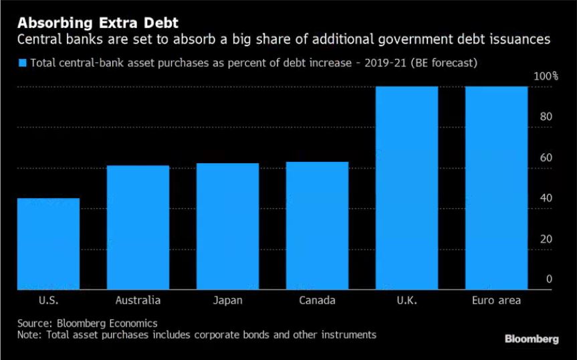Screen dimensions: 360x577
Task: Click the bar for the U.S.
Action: tap(48, 244)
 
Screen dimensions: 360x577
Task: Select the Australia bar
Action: tap(138, 228)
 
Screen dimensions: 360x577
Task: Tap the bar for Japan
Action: tap(227, 226)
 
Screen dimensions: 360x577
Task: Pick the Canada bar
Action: tap(317, 226)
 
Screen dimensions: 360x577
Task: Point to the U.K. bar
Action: tap(407, 188)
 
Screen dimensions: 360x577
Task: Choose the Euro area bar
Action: tap(496, 188)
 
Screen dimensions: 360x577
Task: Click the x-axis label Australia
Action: tap(138, 300)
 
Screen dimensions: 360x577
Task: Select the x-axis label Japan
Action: tap(227, 300)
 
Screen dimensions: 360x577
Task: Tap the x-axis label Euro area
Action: tap(496, 300)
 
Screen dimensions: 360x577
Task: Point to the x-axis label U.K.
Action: tap(407, 300)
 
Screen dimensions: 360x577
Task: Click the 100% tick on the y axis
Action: tap(546, 76)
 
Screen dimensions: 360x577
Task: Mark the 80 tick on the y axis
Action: tap(546, 117)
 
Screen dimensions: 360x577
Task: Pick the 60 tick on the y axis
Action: tap(546, 158)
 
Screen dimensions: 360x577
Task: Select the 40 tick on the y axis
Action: tap(546, 199)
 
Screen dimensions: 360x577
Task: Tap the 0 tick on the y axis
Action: tap(549, 280)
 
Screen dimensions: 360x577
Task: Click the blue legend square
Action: tap(21, 64)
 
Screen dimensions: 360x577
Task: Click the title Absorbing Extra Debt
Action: tap(84, 21)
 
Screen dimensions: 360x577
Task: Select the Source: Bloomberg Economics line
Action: tap(88, 323)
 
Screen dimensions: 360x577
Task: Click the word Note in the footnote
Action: tap(29, 334)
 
